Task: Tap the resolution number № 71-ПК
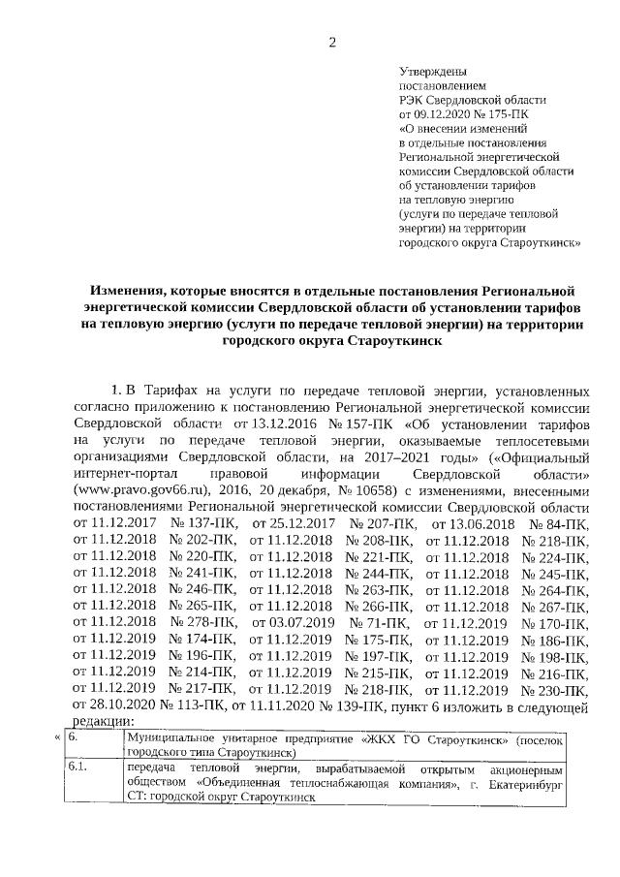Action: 381,622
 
